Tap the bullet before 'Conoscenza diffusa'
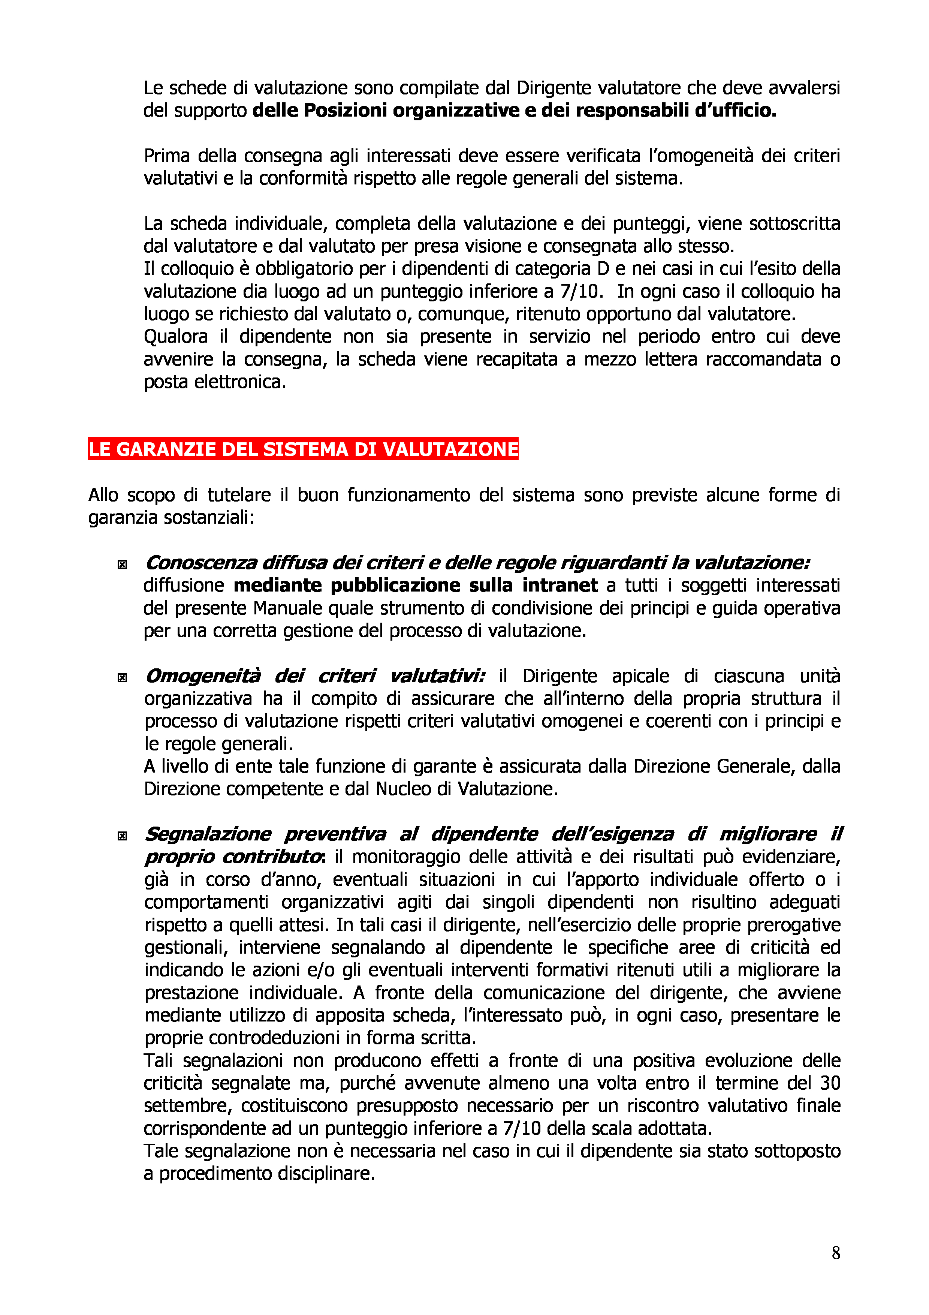[122, 565]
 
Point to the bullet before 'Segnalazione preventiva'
[122, 836]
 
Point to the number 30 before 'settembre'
[830, 1083]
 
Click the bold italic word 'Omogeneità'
[203, 676]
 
